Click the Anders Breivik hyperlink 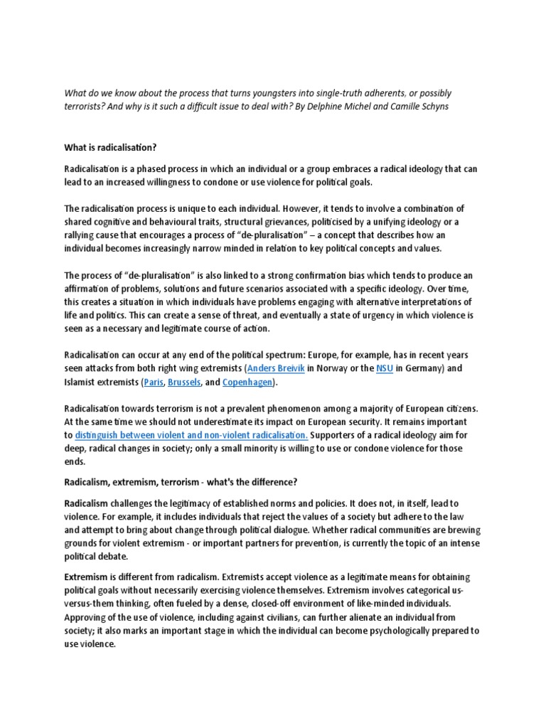pyautogui.click(x=276, y=369)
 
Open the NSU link pyautogui.click(x=384, y=369)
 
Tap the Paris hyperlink pyautogui.click(x=153, y=382)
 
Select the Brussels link pyautogui.click(x=184, y=382)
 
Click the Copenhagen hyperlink pyautogui.click(x=248, y=382)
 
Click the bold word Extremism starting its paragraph pyautogui.click(x=87, y=577)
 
